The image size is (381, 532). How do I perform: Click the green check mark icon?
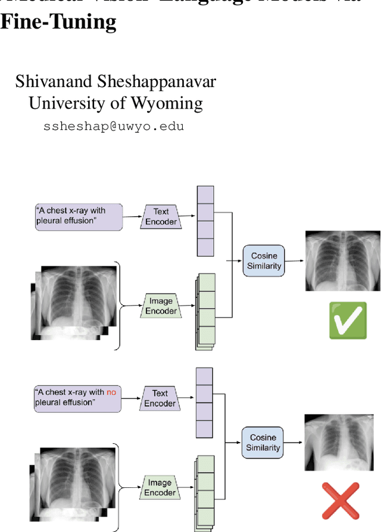click(x=348, y=320)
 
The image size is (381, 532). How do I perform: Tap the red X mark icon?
click(x=341, y=501)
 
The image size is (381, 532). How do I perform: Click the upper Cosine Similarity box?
click(x=264, y=260)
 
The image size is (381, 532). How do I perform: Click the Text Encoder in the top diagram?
click(x=161, y=216)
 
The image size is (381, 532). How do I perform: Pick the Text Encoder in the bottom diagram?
click(x=160, y=398)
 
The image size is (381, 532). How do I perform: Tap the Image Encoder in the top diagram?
click(x=161, y=306)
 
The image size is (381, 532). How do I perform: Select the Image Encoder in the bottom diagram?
click(x=160, y=487)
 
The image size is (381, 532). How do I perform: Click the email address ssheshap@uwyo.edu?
click(x=114, y=126)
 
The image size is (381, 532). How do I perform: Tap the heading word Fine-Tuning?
click(x=58, y=21)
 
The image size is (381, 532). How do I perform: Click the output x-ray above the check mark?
click(x=342, y=260)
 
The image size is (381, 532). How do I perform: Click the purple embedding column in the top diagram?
click(x=205, y=221)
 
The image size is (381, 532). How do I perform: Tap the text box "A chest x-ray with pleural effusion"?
click(x=79, y=216)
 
